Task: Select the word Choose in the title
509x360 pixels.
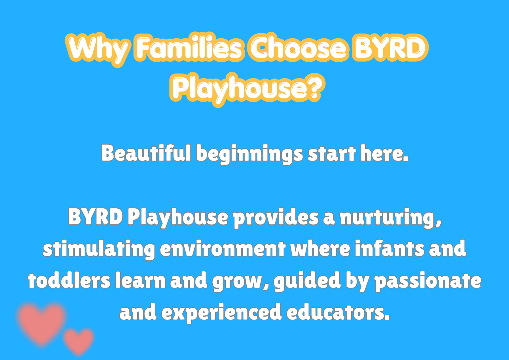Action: click(298, 47)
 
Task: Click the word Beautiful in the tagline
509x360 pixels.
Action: click(146, 153)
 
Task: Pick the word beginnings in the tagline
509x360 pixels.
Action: click(249, 154)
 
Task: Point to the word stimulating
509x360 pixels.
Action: click(99, 249)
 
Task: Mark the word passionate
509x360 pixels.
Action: click(428, 281)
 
